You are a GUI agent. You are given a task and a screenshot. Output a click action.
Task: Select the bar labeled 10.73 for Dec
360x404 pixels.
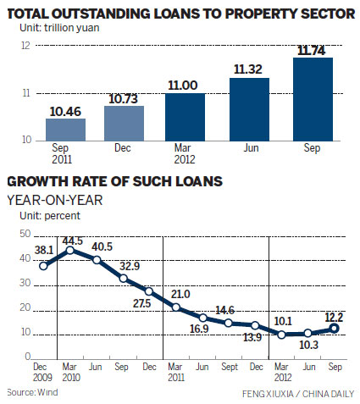(x=125, y=123)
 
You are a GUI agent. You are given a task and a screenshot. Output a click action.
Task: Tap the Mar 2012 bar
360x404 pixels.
(x=185, y=117)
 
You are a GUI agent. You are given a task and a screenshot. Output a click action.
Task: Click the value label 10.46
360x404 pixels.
(x=65, y=109)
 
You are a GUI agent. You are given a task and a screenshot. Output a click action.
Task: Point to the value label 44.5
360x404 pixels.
(x=74, y=240)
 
